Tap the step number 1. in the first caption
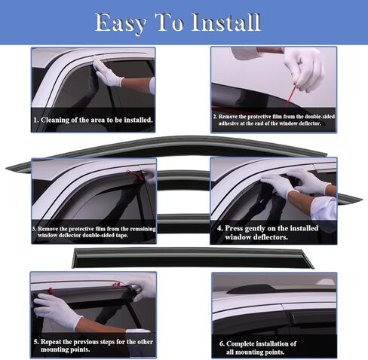tap(35, 119)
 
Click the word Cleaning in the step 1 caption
tap(59, 119)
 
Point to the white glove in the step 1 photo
tap(109, 73)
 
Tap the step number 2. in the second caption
tap(215, 117)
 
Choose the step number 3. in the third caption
tap(34, 228)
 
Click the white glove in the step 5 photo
tap(57, 309)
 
